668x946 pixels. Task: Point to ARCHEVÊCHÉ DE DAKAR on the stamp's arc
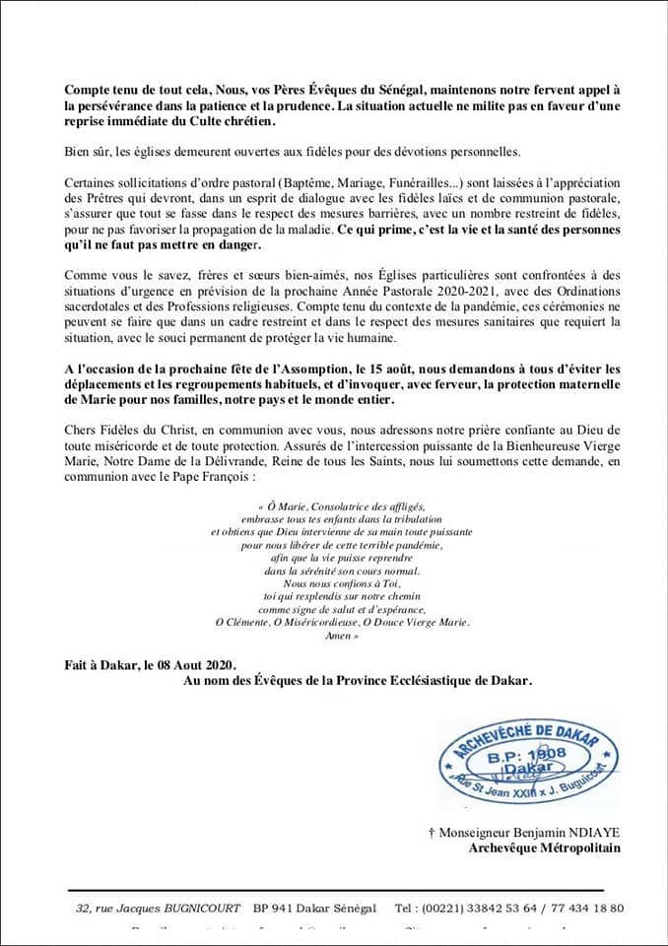point(529,731)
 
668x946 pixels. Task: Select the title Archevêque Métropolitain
point(545,848)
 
